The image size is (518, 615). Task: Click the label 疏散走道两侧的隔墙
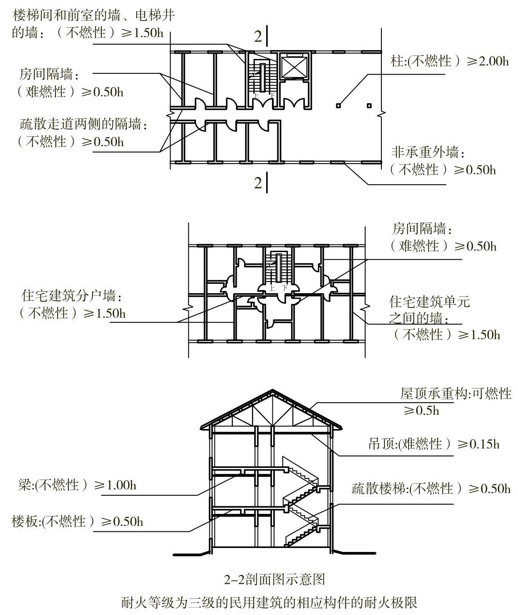pos(84,124)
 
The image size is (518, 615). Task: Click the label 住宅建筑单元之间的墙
pos(429,310)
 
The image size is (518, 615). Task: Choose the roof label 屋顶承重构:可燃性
pos(455,394)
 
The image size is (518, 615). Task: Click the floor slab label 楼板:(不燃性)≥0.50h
pos(78,522)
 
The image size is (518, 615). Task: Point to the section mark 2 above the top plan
pos(258,37)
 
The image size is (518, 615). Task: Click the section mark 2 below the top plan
pos(258,183)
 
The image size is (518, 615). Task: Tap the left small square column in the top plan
pos(338,106)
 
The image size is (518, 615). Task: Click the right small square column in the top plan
pos(369,106)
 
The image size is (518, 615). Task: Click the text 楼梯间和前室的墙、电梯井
pos(93,16)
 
